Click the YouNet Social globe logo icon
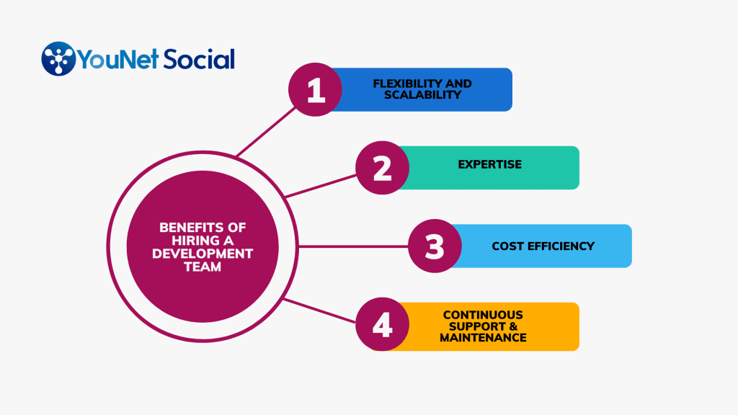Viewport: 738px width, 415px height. [58, 59]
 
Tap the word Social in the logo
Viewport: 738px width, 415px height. [199, 59]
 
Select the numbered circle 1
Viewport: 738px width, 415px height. [316, 89]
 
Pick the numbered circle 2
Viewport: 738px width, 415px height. [382, 168]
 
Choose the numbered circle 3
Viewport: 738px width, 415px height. [435, 246]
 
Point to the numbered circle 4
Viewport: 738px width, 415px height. [382, 324]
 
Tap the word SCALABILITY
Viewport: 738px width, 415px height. [422, 95]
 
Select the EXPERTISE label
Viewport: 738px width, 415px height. [490, 165]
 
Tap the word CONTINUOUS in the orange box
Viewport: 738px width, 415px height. [483, 316]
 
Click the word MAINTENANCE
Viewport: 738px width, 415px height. [483, 338]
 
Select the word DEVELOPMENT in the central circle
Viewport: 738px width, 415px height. [203, 254]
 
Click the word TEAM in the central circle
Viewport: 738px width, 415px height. [203, 267]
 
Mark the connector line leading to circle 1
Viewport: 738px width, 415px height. [266, 132]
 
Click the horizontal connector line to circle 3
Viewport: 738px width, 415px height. [353, 246]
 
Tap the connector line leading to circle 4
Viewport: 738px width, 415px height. [319, 311]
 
